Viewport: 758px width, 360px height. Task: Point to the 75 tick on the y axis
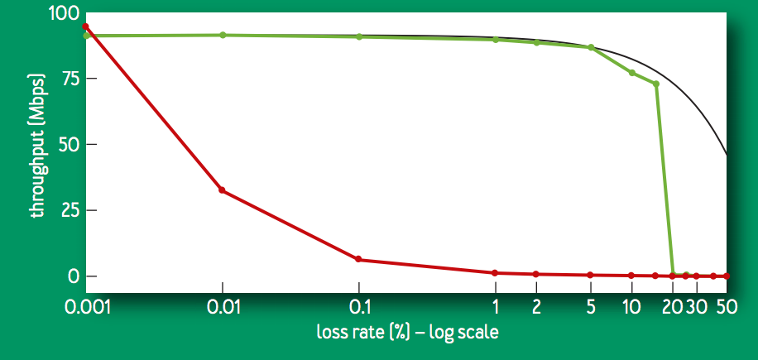click(63, 79)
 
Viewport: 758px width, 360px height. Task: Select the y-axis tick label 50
click(63, 145)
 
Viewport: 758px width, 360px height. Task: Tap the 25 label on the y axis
click(63, 210)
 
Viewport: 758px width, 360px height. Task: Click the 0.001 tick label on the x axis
click(85, 307)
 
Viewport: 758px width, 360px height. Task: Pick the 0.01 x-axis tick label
click(222, 307)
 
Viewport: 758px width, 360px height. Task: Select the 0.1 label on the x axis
click(358, 307)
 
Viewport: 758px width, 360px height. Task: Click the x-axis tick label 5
click(590, 307)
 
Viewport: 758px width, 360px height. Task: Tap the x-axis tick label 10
click(631, 307)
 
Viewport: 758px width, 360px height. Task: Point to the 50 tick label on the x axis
click(727, 307)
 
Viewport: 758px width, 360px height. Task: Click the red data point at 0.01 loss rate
click(222, 190)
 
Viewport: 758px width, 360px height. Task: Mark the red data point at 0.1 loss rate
click(358, 259)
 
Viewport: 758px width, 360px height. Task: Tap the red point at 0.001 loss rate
click(85, 26)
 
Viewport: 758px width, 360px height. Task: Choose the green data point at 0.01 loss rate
click(223, 35)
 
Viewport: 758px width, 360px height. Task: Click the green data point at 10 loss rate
click(631, 73)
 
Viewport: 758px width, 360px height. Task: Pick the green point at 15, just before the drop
click(655, 84)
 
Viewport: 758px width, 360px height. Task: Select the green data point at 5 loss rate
click(590, 47)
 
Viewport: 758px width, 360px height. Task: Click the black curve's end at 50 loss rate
click(727, 155)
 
